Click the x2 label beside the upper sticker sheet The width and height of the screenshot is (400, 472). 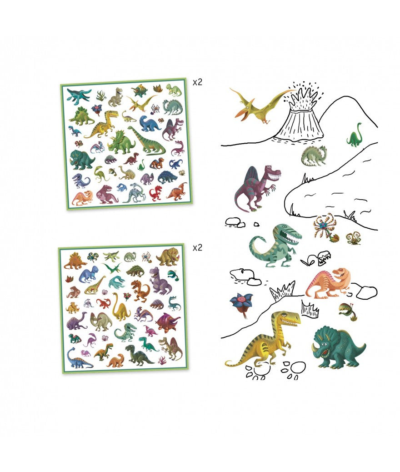tap(197, 82)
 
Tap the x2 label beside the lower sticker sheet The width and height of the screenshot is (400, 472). tap(197, 247)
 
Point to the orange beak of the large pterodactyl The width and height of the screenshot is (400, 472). tap(240, 115)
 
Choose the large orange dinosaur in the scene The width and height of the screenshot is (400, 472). tap(328, 283)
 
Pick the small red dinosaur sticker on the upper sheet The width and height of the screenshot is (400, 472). tap(156, 193)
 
